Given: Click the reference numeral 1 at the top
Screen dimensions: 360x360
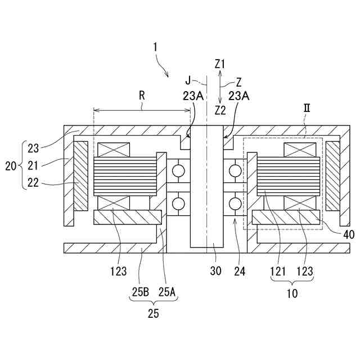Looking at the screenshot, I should click(155, 47).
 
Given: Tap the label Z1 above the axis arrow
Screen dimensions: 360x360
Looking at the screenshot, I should click(220, 64).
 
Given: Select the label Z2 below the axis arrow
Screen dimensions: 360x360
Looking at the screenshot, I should click(220, 109).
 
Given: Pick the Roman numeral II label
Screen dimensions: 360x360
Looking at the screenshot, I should click(308, 107).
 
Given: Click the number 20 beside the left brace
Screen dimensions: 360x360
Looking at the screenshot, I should click(11, 166).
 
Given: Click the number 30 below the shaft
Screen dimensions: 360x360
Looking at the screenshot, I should click(215, 271).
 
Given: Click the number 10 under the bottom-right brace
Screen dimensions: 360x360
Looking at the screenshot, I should click(292, 293).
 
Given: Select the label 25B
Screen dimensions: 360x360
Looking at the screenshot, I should click(140, 292).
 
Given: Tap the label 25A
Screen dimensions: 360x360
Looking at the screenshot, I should click(167, 292).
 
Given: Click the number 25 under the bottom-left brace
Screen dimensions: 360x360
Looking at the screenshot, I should click(153, 314).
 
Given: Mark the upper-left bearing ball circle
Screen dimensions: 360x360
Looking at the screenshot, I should click(179, 169).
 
